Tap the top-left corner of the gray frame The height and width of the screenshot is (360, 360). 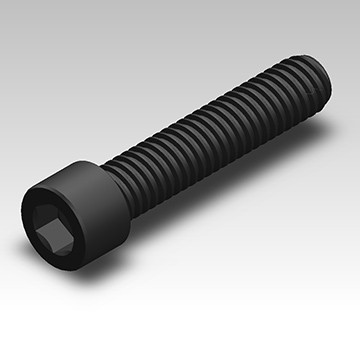click(x=2, y=2)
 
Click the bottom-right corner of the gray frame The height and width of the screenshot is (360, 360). click(x=357, y=357)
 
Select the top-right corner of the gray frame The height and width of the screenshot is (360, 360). click(x=357, y=2)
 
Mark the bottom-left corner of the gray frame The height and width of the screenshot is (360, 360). click(x=2, y=357)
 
